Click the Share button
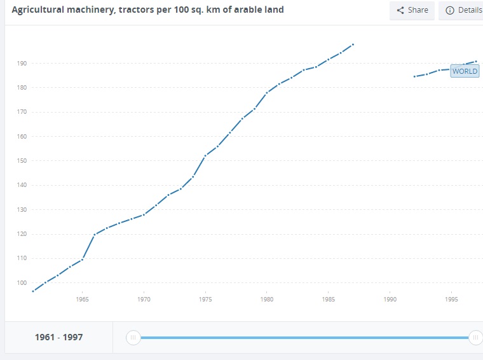(x=412, y=10)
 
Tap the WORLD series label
(x=465, y=71)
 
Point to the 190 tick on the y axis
(x=22, y=63)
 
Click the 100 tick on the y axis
(x=22, y=283)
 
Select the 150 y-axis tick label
(x=22, y=161)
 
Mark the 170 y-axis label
(x=22, y=112)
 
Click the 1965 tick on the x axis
(x=82, y=298)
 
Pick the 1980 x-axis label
(x=267, y=298)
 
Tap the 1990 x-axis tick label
(x=390, y=298)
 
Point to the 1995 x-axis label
(x=452, y=298)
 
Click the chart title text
(x=148, y=10)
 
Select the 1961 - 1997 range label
(x=58, y=337)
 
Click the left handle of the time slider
(x=133, y=338)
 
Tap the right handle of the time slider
(x=475, y=338)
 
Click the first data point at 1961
(x=33, y=291)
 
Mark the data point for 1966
(x=95, y=235)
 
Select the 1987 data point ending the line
(x=353, y=45)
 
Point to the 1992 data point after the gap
(x=414, y=76)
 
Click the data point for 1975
(x=205, y=156)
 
